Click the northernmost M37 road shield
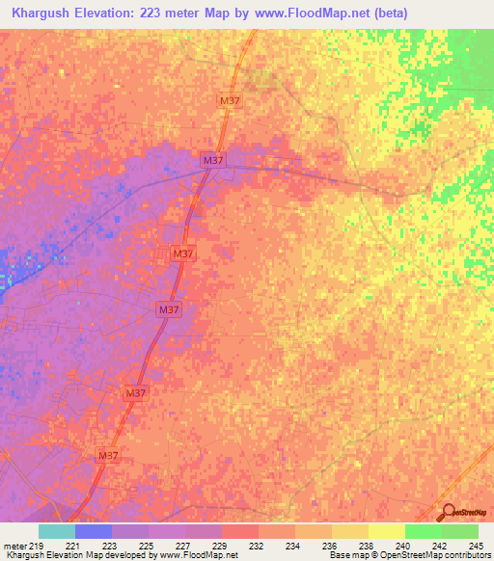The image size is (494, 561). (x=230, y=100)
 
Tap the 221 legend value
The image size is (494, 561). (x=73, y=546)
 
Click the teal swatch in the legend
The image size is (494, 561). (x=57, y=531)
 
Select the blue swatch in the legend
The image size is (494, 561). (x=94, y=531)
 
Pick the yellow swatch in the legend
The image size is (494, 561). (x=387, y=531)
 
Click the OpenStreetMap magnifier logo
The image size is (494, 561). (x=449, y=513)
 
